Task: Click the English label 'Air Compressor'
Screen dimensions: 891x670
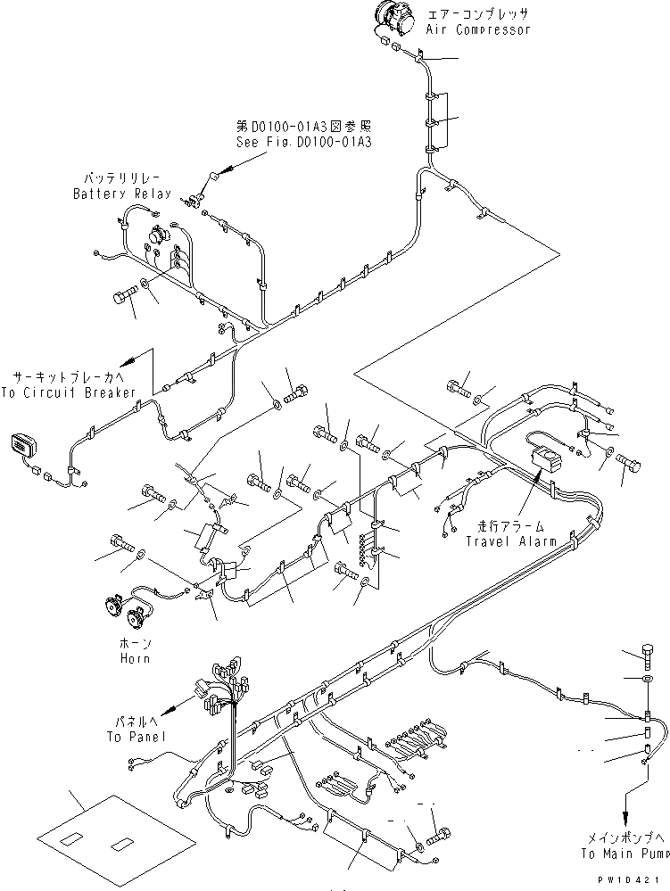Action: pyautogui.click(x=477, y=29)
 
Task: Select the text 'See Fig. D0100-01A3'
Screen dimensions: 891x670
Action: pyautogui.click(x=303, y=141)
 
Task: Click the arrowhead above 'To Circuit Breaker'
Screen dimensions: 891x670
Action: pyautogui.click(x=127, y=359)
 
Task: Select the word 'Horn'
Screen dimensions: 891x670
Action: pyautogui.click(x=136, y=658)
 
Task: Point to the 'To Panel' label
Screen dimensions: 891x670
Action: pyautogui.click(x=135, y=738)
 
